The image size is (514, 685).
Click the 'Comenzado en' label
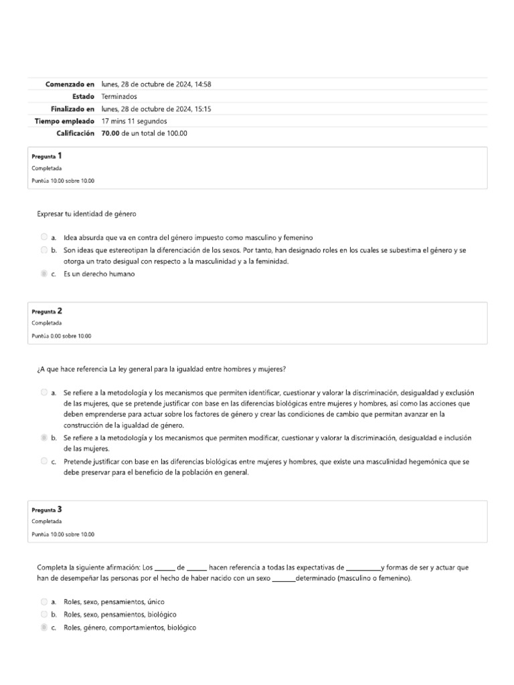tap(70, 84)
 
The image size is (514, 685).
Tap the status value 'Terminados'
tap(119, 96)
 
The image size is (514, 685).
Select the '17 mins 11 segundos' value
tap(135, 121)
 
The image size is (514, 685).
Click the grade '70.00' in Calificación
tap(111, 133)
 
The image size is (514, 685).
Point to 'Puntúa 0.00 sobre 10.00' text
tap(62, 336)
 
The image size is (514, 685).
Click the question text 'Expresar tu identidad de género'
tap(86, 213)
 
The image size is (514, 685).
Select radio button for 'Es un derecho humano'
tap(44, 274)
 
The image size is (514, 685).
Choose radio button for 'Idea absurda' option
tap(44, 237)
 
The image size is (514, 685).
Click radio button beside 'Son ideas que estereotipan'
tap(44, 250)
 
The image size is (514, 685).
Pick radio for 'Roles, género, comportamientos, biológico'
tap(44, 627)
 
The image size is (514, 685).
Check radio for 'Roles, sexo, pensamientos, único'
tap(44, 602)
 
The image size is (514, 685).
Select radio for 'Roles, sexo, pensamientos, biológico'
tap(44, 614)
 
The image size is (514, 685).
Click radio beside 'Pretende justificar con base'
tap(44, 461)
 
